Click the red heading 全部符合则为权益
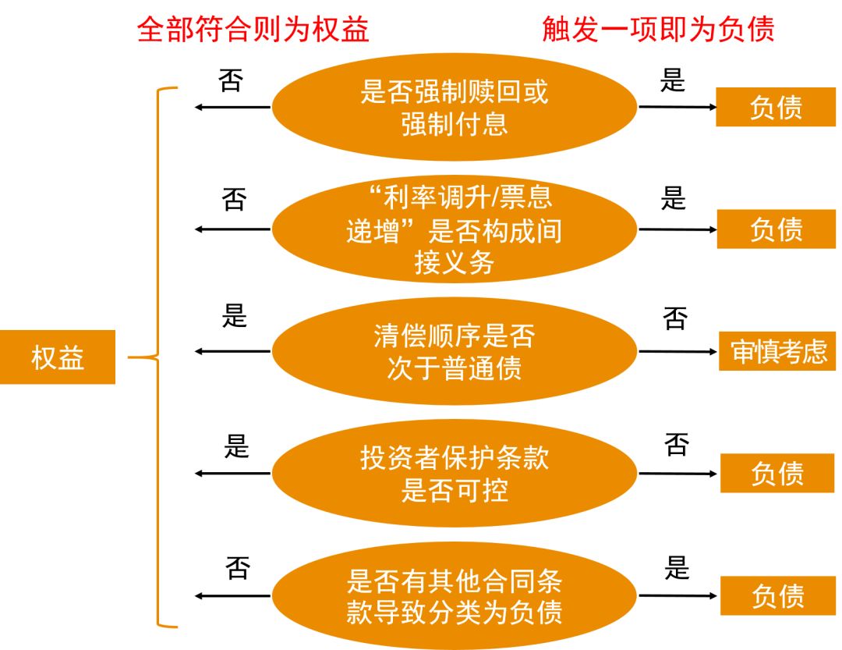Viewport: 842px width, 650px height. [253, 30]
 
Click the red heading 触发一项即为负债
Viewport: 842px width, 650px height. [658, 30]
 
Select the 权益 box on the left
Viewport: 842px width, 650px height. [57, 357]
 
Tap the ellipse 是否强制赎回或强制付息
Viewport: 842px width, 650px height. [455, 107]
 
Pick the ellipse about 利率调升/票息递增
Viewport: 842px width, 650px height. [455, 229]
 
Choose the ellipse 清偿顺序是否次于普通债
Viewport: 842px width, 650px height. [455, 351]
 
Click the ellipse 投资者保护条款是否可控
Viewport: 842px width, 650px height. [455, 473]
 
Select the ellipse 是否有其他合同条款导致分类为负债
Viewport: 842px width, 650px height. [455, 595]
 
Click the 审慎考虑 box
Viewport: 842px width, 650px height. [778, 351]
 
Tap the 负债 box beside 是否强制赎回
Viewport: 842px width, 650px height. [776, 107]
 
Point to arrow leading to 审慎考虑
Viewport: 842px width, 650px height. [677, 351]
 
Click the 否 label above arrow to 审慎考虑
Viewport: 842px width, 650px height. [675, 318]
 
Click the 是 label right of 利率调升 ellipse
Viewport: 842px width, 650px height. [673, 198]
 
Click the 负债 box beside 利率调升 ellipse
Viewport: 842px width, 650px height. [776, 229]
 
